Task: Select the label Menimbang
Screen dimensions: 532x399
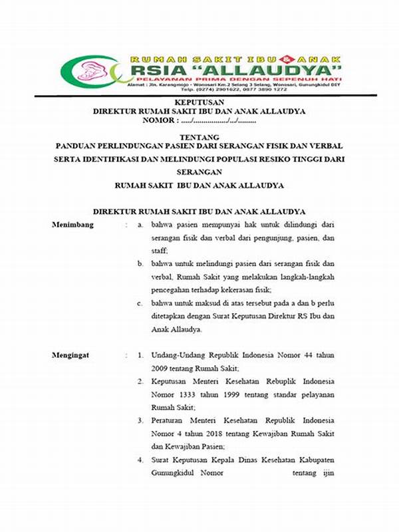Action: click(73, 225)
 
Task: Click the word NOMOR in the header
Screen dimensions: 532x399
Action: click(160, 121)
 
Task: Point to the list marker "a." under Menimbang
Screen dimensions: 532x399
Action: click(141, 225)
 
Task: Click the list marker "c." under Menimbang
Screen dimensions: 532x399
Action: click(141, 303)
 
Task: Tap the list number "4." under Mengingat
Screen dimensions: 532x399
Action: click(141, 459)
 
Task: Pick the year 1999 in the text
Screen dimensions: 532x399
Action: click(224, 394)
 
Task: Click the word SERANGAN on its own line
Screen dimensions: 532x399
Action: click(199, 171)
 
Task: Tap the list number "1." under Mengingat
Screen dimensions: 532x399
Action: click(141, 355)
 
